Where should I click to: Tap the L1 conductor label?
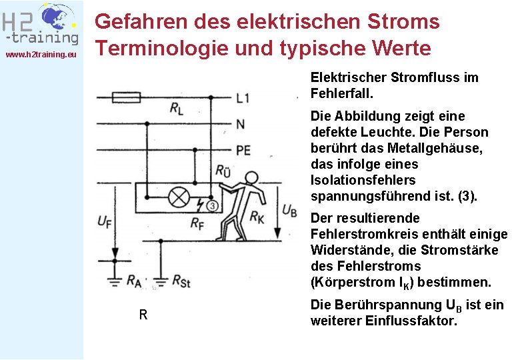coord(243,98)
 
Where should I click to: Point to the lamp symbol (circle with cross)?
coord(179,198)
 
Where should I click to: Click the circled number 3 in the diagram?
coord(211,205)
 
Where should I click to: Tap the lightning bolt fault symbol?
coord(200,202)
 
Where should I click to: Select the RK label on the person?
coord(257,216)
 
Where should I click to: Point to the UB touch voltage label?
coord(289,209)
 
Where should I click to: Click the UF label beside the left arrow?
coord(105,220)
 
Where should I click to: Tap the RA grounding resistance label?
coord(133,281)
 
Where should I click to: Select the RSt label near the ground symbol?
coord(181,281)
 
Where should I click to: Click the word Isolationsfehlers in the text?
coord(363,180)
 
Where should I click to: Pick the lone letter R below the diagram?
coord(143,315)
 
